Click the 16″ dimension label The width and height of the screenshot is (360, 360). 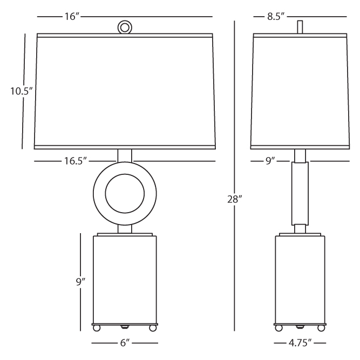pos(72,17)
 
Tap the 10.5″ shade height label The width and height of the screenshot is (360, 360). pos(22,91)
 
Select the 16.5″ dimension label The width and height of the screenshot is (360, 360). pos(76,161)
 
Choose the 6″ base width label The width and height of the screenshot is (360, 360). pos(125,343)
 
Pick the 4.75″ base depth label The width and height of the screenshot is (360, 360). pos(300,343)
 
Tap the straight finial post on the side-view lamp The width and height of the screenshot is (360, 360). pos(300,27)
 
